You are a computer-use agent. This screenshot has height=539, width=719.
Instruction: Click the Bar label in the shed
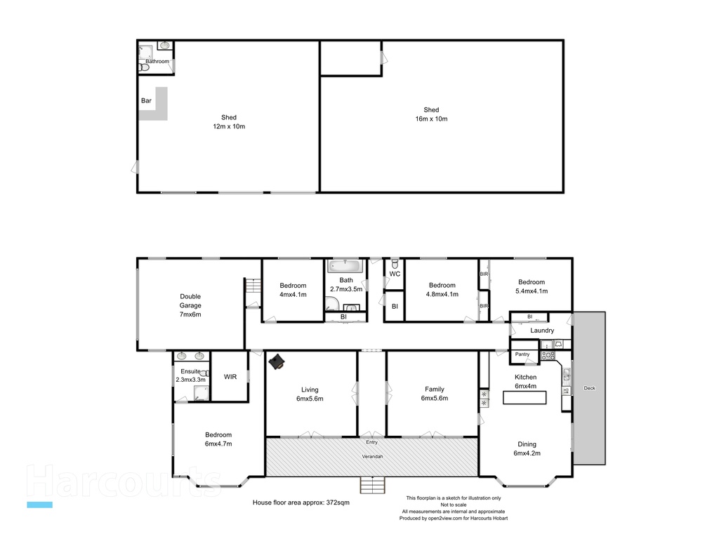coord(146,101)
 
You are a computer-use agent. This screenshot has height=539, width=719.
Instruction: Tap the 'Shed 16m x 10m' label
coord(431,114)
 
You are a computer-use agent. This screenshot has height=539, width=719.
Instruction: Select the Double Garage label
coord(190,305)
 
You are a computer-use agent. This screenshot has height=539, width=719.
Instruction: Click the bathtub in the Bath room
coord(345,266)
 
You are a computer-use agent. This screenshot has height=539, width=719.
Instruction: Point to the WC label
coord(395,274)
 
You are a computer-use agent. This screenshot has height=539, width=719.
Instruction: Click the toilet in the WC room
coord(395,263)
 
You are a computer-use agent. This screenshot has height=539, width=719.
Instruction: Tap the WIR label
coord(230,377)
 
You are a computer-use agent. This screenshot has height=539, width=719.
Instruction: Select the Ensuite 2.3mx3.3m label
coord(191,375)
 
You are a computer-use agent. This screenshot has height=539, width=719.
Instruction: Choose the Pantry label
coord(522,354)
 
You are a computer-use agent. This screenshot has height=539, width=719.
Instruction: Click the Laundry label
coord(542,331)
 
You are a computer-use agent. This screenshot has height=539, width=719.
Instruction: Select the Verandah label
coord(372,457)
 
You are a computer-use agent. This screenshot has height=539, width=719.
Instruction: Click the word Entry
coord(371,442)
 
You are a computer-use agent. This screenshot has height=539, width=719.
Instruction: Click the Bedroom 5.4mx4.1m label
coord(532,286)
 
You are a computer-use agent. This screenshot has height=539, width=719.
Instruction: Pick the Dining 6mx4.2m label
coord(527,448)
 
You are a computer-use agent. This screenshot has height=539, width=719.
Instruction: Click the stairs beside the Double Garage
coord(252,287)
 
